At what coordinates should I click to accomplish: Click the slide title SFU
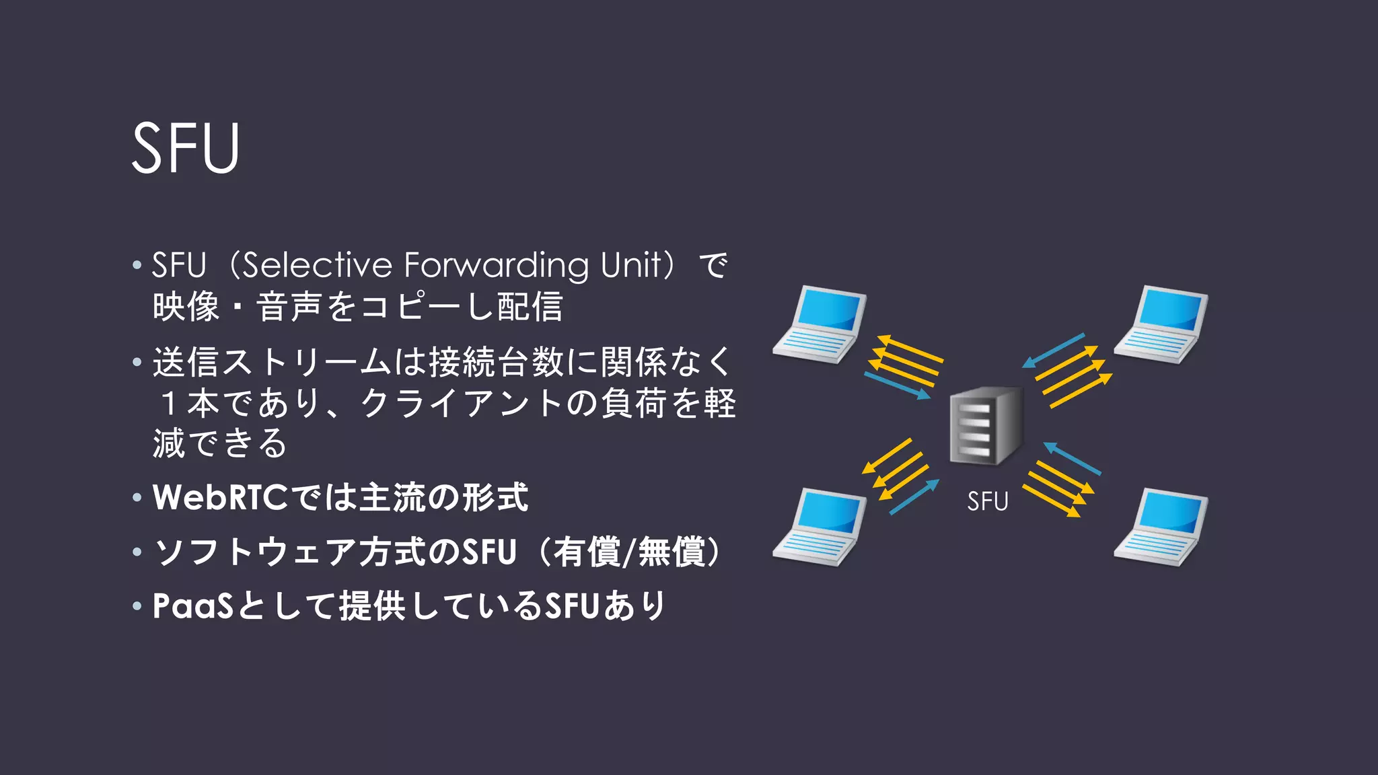tap(186, 148)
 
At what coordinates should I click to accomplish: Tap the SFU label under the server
tap(987, 502)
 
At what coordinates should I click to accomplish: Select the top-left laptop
tap(819, 325)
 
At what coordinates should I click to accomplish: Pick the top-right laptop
tap(1161, 325)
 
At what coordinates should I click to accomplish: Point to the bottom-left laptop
tap(819, 527)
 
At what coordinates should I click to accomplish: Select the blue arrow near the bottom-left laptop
tap(914, 497)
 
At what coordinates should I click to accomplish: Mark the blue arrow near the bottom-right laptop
tap(1072, 459)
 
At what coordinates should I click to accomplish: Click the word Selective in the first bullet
tap(317, 265)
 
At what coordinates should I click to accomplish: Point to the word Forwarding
tap(496, 265)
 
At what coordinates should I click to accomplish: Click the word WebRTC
tap(221, 498)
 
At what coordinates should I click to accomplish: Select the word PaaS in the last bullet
tap(192, 605)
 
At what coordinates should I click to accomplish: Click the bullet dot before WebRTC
tap(137, 498)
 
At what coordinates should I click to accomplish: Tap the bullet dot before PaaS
tap(137, 606)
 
